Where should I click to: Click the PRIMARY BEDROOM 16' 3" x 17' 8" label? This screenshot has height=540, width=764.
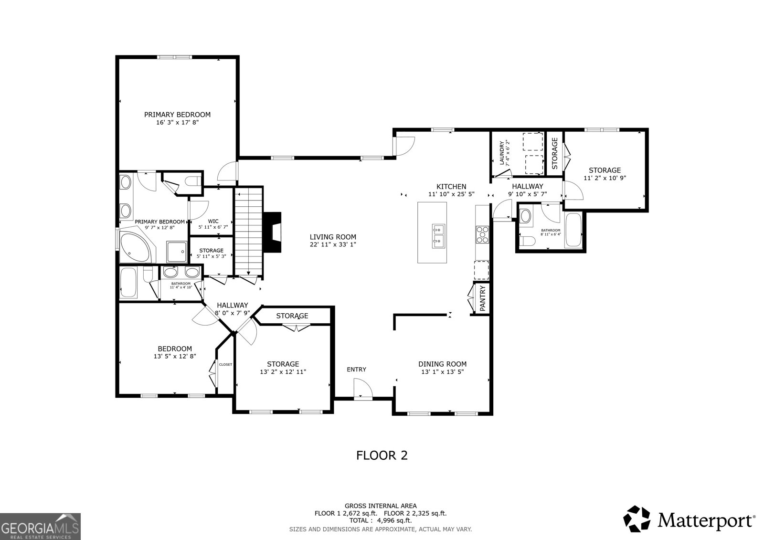[x=177, y=118]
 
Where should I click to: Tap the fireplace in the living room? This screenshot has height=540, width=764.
[x=274, y=232]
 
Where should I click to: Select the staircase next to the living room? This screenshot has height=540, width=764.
[x=248, y=231]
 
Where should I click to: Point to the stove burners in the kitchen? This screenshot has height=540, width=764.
[x=482, y=234]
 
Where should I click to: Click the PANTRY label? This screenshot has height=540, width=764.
[x=482, y=299]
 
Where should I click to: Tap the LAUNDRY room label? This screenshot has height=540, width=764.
[x=504, y=152]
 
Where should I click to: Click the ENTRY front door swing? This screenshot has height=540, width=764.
[x=362, y=388]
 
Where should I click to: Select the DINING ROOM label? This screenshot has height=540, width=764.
[x=442, y=368]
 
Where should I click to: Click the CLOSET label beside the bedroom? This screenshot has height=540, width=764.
[x=225, y=364]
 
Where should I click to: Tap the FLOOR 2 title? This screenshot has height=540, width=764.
[x=382, y=455]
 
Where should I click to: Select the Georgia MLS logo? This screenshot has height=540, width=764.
[x=40, y=526]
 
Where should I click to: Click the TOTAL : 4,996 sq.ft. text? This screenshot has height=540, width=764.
[x=381, y=520]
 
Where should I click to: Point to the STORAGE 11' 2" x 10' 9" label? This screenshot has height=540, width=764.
[x=605, y=174]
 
